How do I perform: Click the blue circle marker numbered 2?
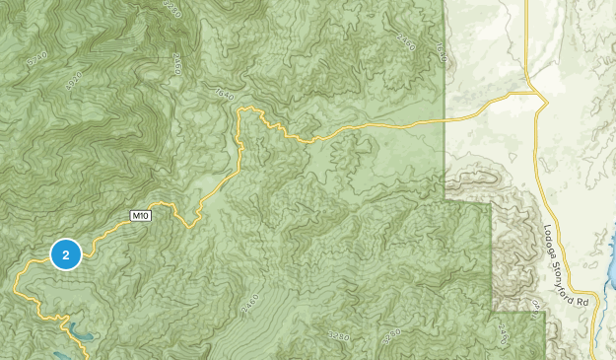coord(65,255)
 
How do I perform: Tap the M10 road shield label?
coord(141,215)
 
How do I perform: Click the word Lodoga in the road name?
coord(549,245)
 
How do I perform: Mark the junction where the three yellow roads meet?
coord(536,95)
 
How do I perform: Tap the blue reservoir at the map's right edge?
coord(609,258)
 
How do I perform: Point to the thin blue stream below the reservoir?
coord(597,335)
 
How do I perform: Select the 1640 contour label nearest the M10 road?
coord(222,94)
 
